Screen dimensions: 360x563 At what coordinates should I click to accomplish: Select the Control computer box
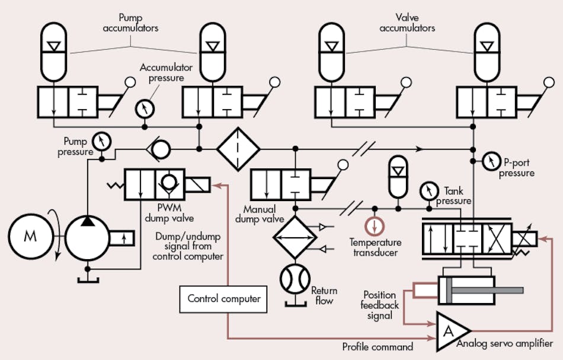[223, 298]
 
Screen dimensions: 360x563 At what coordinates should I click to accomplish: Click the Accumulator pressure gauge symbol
[143, 109]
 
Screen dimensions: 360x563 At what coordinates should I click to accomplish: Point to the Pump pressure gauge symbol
[103, 141]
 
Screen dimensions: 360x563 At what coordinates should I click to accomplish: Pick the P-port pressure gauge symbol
[491, 160]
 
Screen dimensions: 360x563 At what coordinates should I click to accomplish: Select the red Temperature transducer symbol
[374, 227]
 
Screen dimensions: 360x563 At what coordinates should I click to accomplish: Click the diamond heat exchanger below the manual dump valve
[295, 235]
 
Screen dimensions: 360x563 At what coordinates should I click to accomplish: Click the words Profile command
[378, 346]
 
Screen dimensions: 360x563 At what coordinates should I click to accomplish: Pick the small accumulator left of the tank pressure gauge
[397, 175]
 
